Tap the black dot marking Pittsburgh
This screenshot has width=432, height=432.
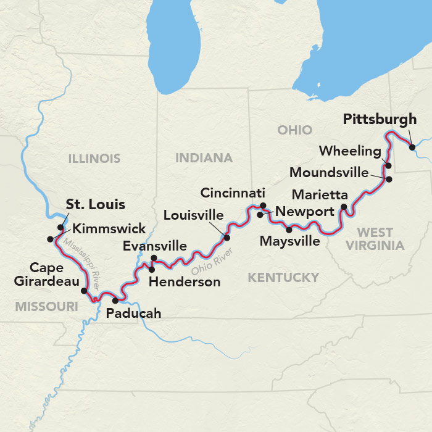[x=412, y=147]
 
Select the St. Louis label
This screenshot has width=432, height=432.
[x=96, y=204]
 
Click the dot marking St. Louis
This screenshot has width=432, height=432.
[x=60, y=227]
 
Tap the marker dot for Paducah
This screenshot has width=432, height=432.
[x=115, y=301]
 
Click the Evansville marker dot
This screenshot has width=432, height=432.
[x=154, y=258]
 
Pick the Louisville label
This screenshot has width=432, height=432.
[x=193, y=215]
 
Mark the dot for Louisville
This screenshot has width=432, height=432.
[x=226, y=238]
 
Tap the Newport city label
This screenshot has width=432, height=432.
[x=302, y=212]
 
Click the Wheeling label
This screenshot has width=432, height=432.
[x=351, y=151]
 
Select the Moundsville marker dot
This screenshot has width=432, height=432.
[x=389, y=179]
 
